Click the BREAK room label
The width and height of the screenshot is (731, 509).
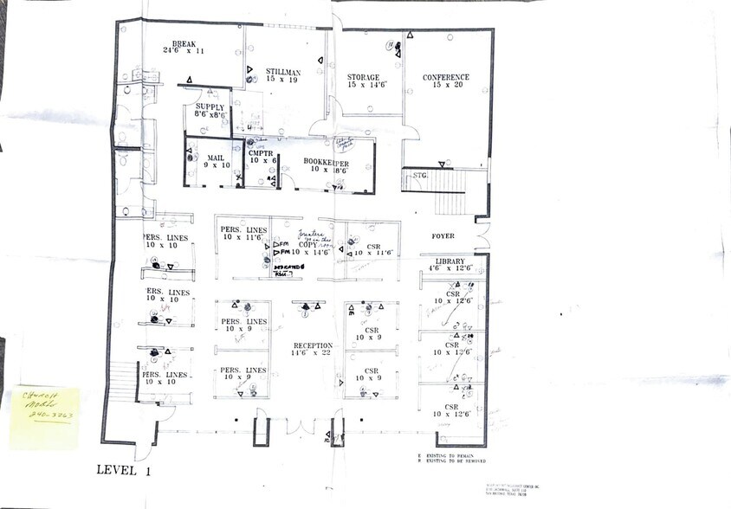pyautogui.click(x=184, y=43)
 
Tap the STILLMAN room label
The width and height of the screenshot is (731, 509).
pyautogui.click(x=283, y=71)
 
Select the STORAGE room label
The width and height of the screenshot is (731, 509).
pyautogui.click(x=364, y=77)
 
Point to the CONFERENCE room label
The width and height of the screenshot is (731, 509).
pyautogui.click(x=446, y=77)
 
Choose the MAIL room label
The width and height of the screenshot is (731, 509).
pyautogui.click(x=216, y=158)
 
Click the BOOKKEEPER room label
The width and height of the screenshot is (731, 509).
pyautogui.click(x=326, y=162)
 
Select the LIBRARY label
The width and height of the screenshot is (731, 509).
pyautogui.click(x=450, y=261)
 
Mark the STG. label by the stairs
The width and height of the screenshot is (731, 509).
pyautogui.click(x=420, y=175)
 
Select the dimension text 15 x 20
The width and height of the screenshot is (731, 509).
pyautogui.click(x=446, y=85)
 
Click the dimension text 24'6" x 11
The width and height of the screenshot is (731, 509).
pyautogui.click(x=184, y=51)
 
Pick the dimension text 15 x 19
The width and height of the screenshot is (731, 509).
pyautogui.click(x=283, y=80)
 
